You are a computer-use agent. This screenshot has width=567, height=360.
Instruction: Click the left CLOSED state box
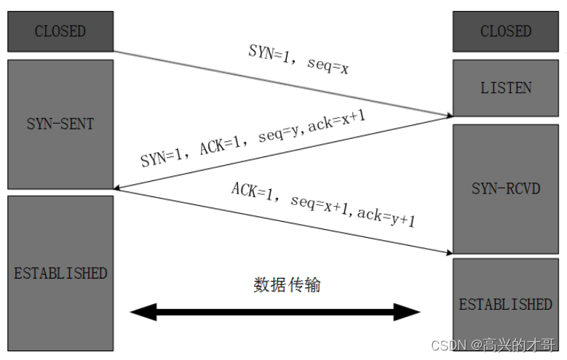(x=60, y=31)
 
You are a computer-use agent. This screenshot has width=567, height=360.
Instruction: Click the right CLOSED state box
(x=506, y=31)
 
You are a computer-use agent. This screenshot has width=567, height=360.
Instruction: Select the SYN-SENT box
(x=60, y=124)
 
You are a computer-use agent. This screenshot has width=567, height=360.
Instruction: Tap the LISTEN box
(x=506, y=87)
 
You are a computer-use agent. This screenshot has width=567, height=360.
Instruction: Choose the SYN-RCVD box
(x=506, y=188)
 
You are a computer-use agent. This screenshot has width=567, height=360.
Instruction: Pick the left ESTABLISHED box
(x=60, y=273)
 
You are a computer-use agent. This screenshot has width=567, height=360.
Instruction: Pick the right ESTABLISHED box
(x=506, y=303)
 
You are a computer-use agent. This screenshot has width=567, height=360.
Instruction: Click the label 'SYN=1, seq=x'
(x=298, y=57)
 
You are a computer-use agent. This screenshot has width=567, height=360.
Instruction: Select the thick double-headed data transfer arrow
(x=275, y=313)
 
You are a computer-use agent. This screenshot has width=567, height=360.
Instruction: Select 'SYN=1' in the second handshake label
(x=162, y=156)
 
